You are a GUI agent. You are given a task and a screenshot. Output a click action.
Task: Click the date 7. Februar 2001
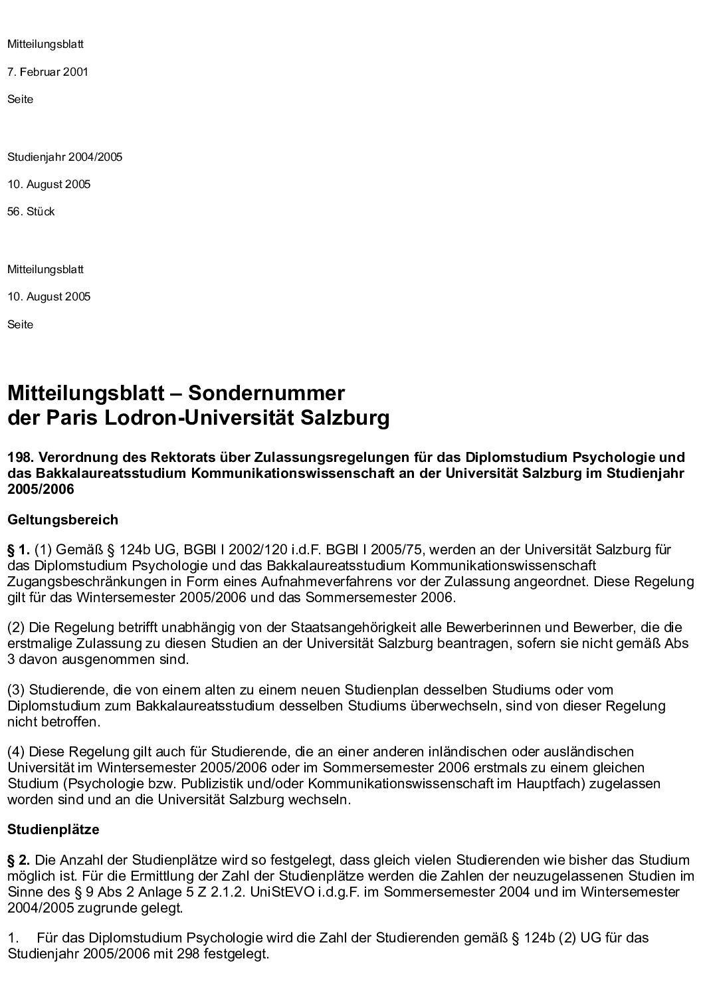[47, 72]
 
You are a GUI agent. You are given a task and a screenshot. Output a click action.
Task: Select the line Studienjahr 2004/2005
[64, 158]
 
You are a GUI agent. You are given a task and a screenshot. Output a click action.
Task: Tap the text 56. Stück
[31, 211]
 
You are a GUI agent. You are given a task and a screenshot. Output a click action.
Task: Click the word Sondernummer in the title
[266, 393]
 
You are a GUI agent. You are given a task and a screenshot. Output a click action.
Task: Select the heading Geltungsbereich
[62, 519]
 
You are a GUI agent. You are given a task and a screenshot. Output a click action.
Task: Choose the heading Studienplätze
[53, 829]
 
